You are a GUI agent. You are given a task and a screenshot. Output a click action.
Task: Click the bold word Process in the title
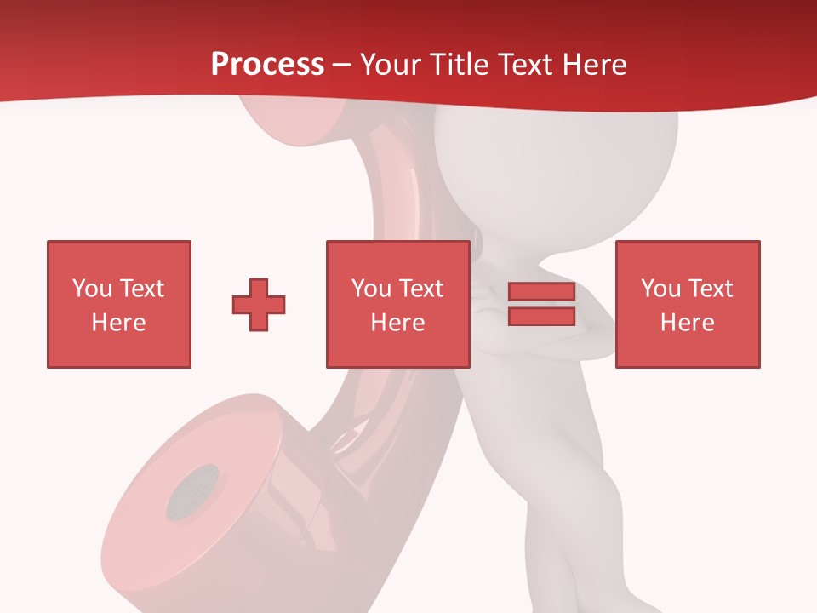tap(267, 64)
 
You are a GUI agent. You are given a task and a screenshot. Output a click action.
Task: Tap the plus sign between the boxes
tap(259, 305)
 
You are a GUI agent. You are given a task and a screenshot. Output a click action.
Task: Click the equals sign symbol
tap(541, 304)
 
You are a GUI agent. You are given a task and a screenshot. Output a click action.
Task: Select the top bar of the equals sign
tap(541, 292)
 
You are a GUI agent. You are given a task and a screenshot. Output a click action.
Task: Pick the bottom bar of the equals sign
tap(541, 317)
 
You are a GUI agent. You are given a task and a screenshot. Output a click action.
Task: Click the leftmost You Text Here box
tap(118, 304)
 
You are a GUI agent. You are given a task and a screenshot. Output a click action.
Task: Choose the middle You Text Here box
tap(397, 304)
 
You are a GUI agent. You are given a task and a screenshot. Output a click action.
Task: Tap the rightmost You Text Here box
tap(687, 304)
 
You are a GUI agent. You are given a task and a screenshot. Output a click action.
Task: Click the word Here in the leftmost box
tap(118, 323)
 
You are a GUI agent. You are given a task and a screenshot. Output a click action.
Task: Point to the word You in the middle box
tap(371, 289)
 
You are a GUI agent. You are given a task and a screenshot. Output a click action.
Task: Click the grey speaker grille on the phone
tap(192, 492)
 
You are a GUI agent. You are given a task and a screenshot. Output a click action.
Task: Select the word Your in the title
tap(391, 64)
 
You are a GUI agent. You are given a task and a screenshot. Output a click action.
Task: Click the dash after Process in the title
tap(342, 66)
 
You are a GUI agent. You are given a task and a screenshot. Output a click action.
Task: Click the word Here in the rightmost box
tap(687, 323)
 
